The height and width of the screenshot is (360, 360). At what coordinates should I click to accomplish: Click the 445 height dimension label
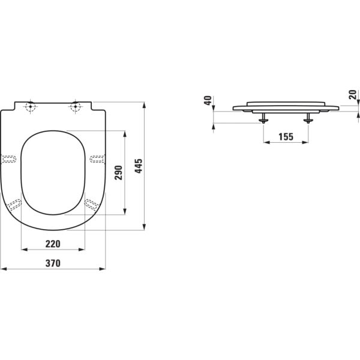[x=138, y=166]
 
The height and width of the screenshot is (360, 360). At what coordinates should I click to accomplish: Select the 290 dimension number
[x=118, y=172]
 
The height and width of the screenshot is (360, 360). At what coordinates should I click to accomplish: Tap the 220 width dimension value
[x=53, y=244]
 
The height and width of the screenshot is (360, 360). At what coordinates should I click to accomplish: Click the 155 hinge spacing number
[x=286, y=137]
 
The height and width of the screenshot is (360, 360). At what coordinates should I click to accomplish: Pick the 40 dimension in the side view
[x=208, y=101]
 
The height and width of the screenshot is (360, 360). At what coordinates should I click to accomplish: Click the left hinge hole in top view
[x=31, y=108]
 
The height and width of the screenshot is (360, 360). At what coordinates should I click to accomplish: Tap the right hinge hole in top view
[x=76, y=108]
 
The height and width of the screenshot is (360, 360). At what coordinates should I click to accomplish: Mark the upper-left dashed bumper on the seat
[x=10, y=159]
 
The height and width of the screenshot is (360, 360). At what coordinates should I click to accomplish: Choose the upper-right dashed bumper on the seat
[x=97, y=159]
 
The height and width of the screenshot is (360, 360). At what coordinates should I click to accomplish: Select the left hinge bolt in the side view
[x=263, y=119]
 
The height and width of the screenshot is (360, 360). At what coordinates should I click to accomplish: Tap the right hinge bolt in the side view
[x=308, y=119]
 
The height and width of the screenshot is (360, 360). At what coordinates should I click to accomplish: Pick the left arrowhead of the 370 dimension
[x=3, y=268]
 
